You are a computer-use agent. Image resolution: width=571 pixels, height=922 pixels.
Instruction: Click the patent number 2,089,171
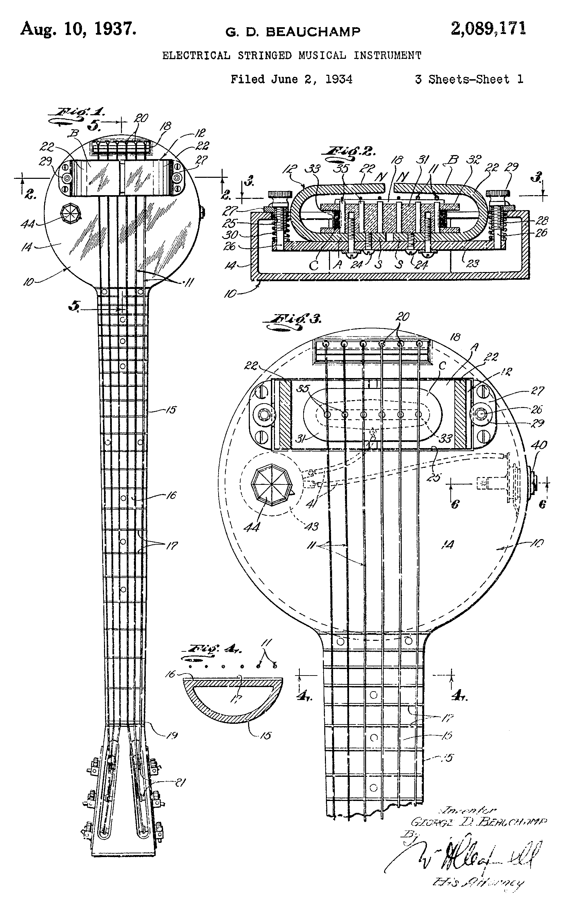coord(488,29)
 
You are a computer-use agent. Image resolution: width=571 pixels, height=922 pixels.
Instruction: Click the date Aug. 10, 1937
coord(78,29)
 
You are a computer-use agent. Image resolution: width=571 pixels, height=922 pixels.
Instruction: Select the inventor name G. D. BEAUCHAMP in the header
coord(293,32)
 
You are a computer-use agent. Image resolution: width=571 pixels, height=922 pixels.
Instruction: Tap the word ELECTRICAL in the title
coord(196,56)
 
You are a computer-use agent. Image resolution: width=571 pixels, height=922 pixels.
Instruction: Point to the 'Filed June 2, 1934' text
coord(291,79)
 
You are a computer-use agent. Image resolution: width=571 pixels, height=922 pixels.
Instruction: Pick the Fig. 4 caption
coord(213,649)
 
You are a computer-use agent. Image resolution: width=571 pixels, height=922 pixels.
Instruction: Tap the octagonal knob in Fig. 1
coord(71,214)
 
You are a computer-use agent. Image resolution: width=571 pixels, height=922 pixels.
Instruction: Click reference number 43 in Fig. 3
coord(312,526)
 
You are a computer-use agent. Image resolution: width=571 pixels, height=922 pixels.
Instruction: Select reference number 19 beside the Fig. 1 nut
coord(172,735)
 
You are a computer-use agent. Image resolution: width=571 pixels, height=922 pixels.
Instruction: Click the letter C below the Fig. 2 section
coord(314,266)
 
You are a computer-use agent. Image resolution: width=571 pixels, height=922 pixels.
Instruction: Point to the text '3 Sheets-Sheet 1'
coord(469,79)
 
